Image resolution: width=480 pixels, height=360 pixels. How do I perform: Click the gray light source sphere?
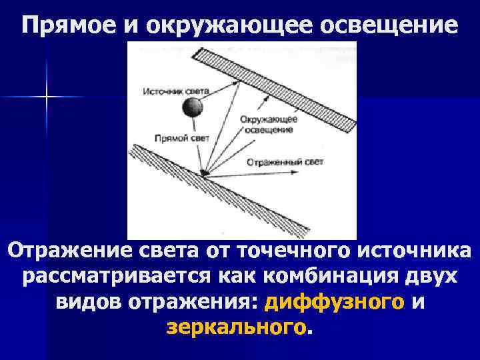tap(193, 105)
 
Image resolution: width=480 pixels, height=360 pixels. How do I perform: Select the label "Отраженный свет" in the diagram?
tap(285, 162)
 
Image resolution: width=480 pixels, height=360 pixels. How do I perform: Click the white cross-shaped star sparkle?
tap(47, 97)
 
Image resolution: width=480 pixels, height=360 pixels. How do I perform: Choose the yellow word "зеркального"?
tap(237, 328)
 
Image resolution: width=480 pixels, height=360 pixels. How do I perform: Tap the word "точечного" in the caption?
tap(294, 251)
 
